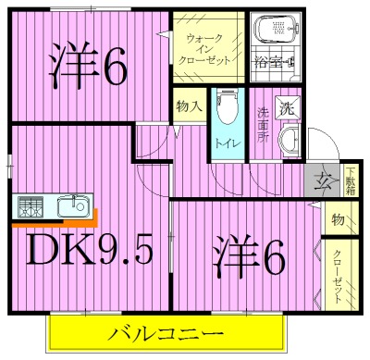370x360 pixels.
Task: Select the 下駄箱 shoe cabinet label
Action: [351, 181]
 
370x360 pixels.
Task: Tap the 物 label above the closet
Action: [338, 220]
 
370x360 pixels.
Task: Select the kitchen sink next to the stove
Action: [68, 206]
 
